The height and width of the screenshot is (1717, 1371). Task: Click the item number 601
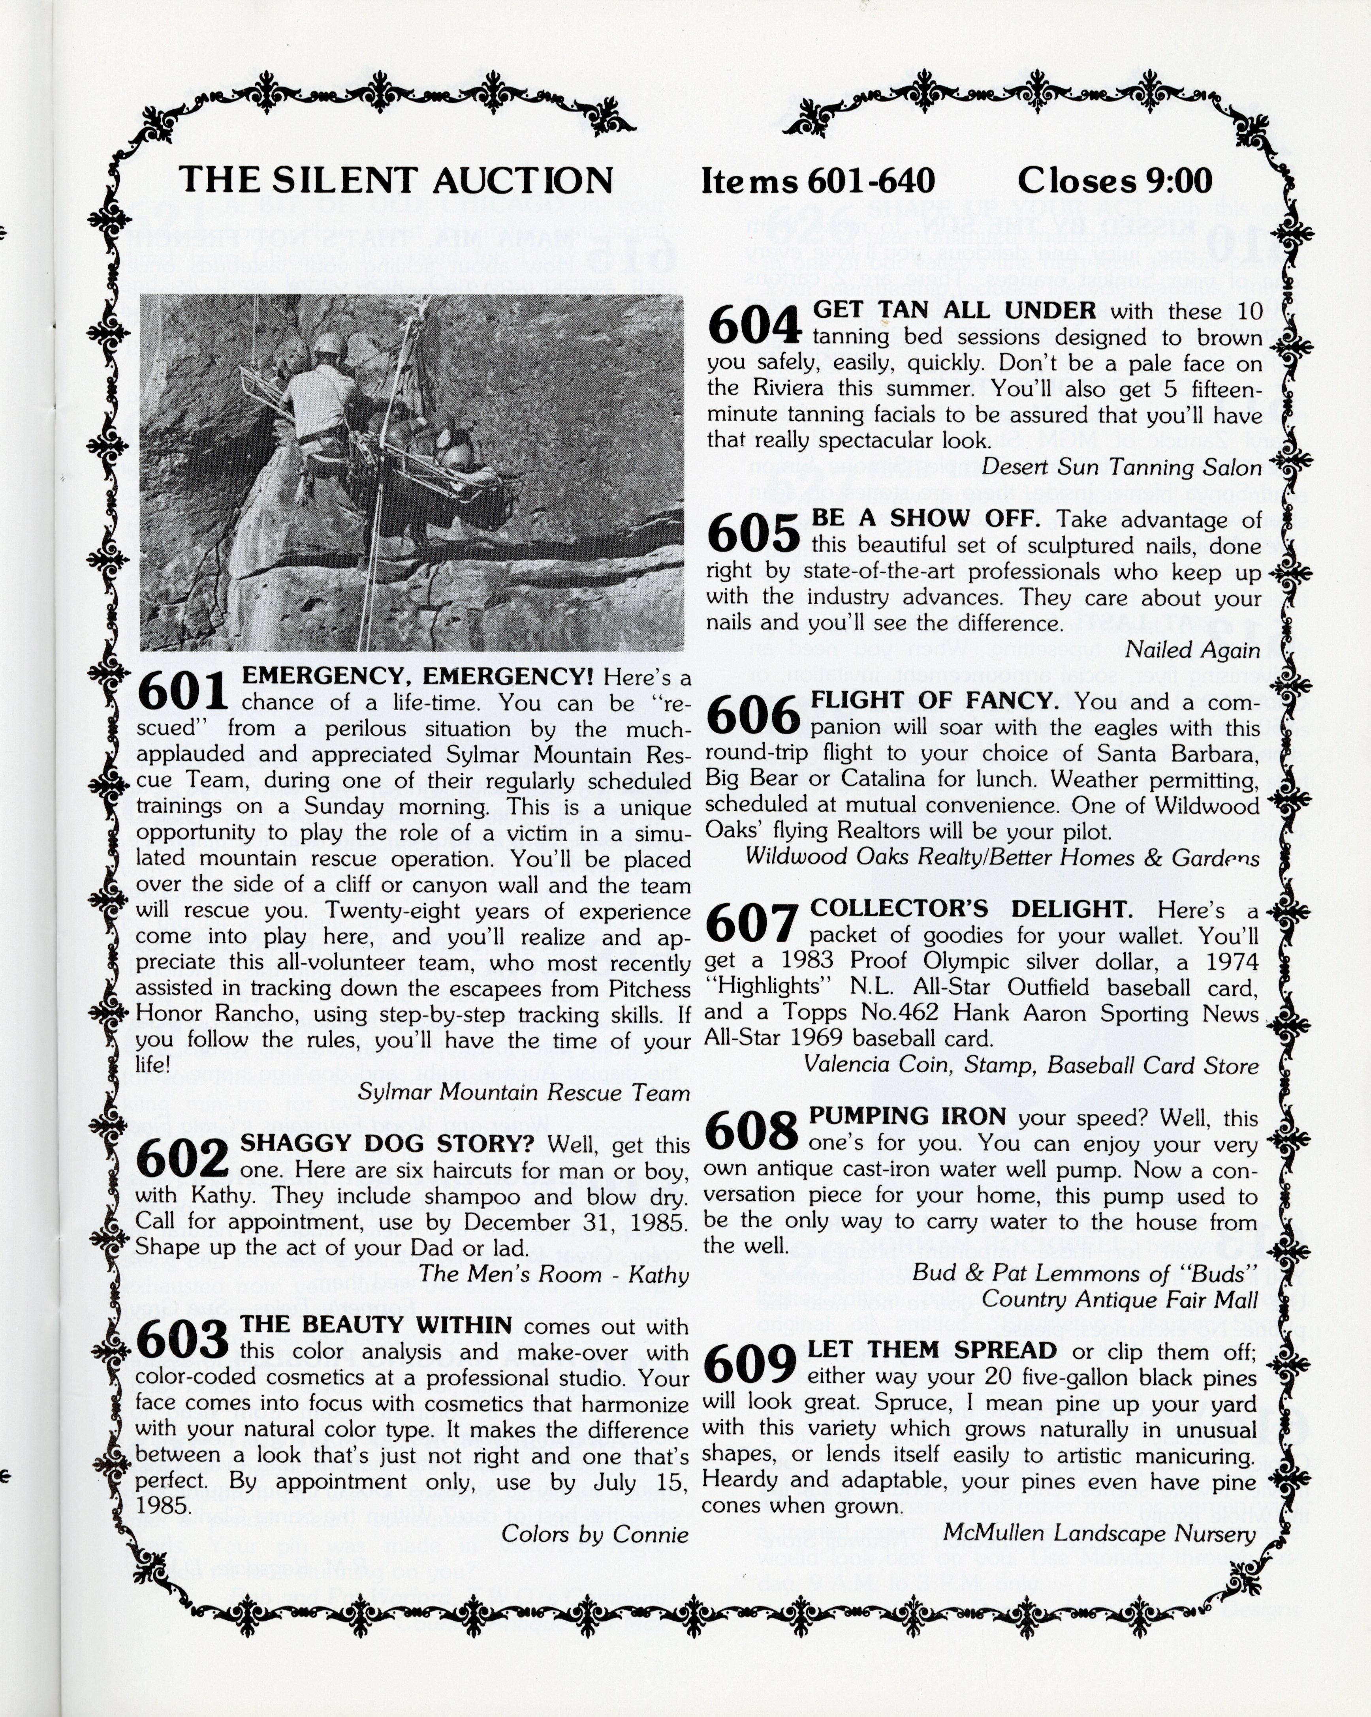click(182, 691)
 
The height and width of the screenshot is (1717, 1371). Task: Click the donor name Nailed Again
click(1192, 650)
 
